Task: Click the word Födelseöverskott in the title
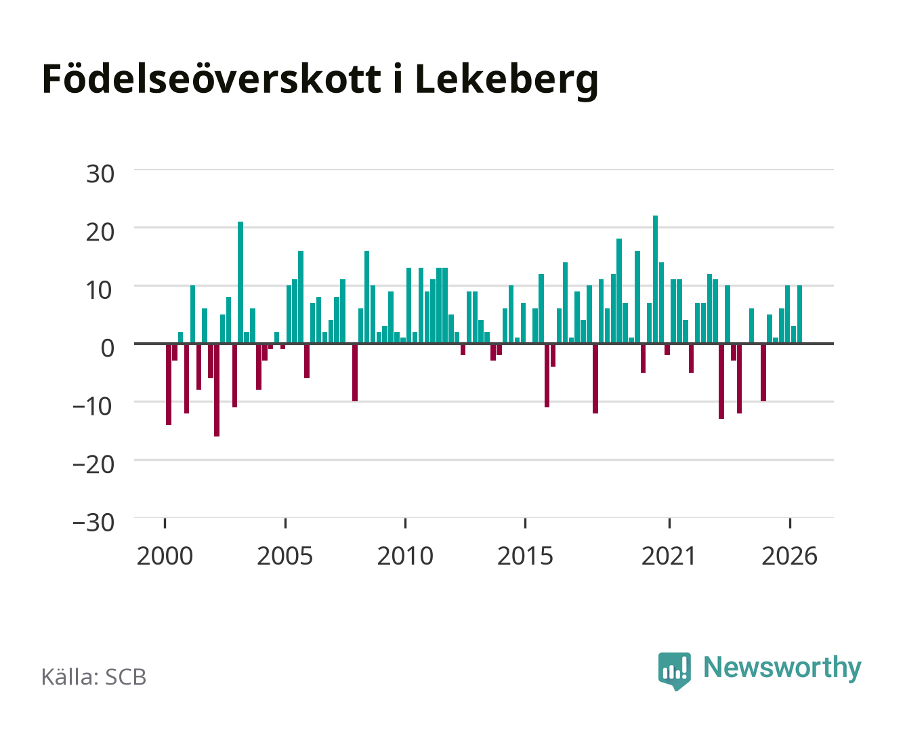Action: tap(211, 79)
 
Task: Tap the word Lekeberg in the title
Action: tap(507, 81)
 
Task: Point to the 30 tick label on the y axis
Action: tap(100, 174)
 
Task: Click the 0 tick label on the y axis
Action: tap(108, 348)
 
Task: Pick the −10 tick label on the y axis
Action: tap(93, 407)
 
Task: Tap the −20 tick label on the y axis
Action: tap(93, 464)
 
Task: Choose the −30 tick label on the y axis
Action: tap(93, 523)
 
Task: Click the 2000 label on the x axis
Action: tap(165, 556)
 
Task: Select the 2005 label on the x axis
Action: tap(285, 556)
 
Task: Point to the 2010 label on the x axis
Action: tap(405, 556)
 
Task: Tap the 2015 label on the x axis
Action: tap(525, 556)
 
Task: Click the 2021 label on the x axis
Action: tap(669, 556)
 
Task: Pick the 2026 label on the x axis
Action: tap(789, 556)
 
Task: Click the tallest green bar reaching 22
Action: tap(655, 279)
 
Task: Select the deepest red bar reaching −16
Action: tap(217, 390)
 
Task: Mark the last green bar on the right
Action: tap(799, 314)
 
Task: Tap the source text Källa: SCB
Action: tap(94, 676)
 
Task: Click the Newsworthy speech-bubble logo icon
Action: tap(674, 671)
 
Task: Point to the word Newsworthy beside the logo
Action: tap(782, 668)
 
